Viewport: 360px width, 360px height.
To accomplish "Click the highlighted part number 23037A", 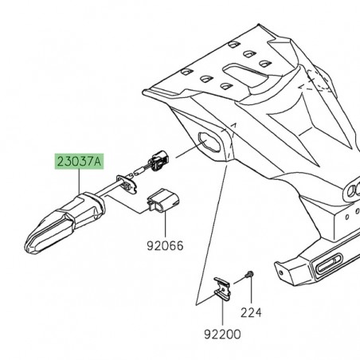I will pyautogui.click(x=78, y=162).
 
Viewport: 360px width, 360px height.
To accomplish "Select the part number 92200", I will pyautogui.click(x=221, y=335).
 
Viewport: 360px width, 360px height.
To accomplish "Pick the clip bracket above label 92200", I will pyautogui.click(x=222, y=289).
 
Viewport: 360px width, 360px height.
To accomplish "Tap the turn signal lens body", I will pyautogui.click(x=52, y=231).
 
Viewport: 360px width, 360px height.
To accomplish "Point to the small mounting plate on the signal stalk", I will pyautogui.click(x=127, y=185).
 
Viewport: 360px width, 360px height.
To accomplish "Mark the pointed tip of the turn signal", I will pyautogui.click(x=29, y=248).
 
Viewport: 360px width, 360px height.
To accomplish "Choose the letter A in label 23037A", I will pyautogui.click(x=98, y=162).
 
